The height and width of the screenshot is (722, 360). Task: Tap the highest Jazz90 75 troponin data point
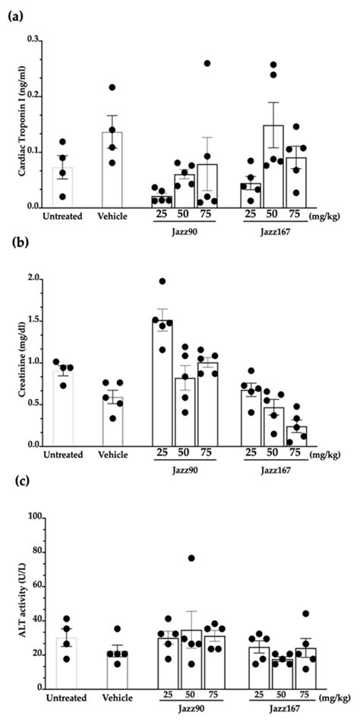tap(207, 63)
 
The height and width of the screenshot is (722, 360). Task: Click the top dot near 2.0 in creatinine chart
tap(162, 281)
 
